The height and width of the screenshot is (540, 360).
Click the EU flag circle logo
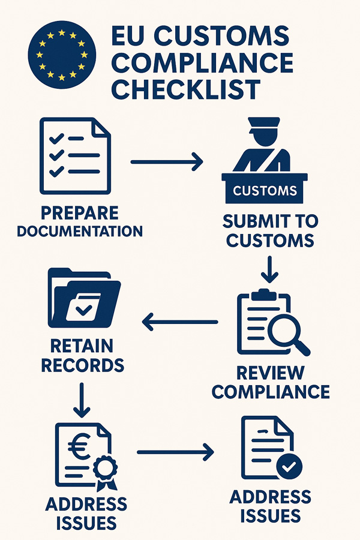[60, 55]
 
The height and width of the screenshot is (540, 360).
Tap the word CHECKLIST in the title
[185, 89]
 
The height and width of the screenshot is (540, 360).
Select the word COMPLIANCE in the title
[202, 62]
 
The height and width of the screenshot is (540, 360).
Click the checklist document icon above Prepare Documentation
[76, 155]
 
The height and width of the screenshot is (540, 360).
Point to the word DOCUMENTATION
[80, 230]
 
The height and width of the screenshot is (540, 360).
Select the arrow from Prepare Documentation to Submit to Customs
[166, 161]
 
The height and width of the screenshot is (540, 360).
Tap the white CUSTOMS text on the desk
[265, 191]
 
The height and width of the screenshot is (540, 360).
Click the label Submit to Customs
[270, 230]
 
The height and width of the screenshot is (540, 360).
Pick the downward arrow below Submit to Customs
[270, 268]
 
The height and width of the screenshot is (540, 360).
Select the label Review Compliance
[271, 382]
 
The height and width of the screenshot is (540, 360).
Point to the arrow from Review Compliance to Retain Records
[180, 322]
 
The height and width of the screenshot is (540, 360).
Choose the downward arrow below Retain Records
[82, 400]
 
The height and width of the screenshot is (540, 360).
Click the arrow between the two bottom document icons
[175, 452]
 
